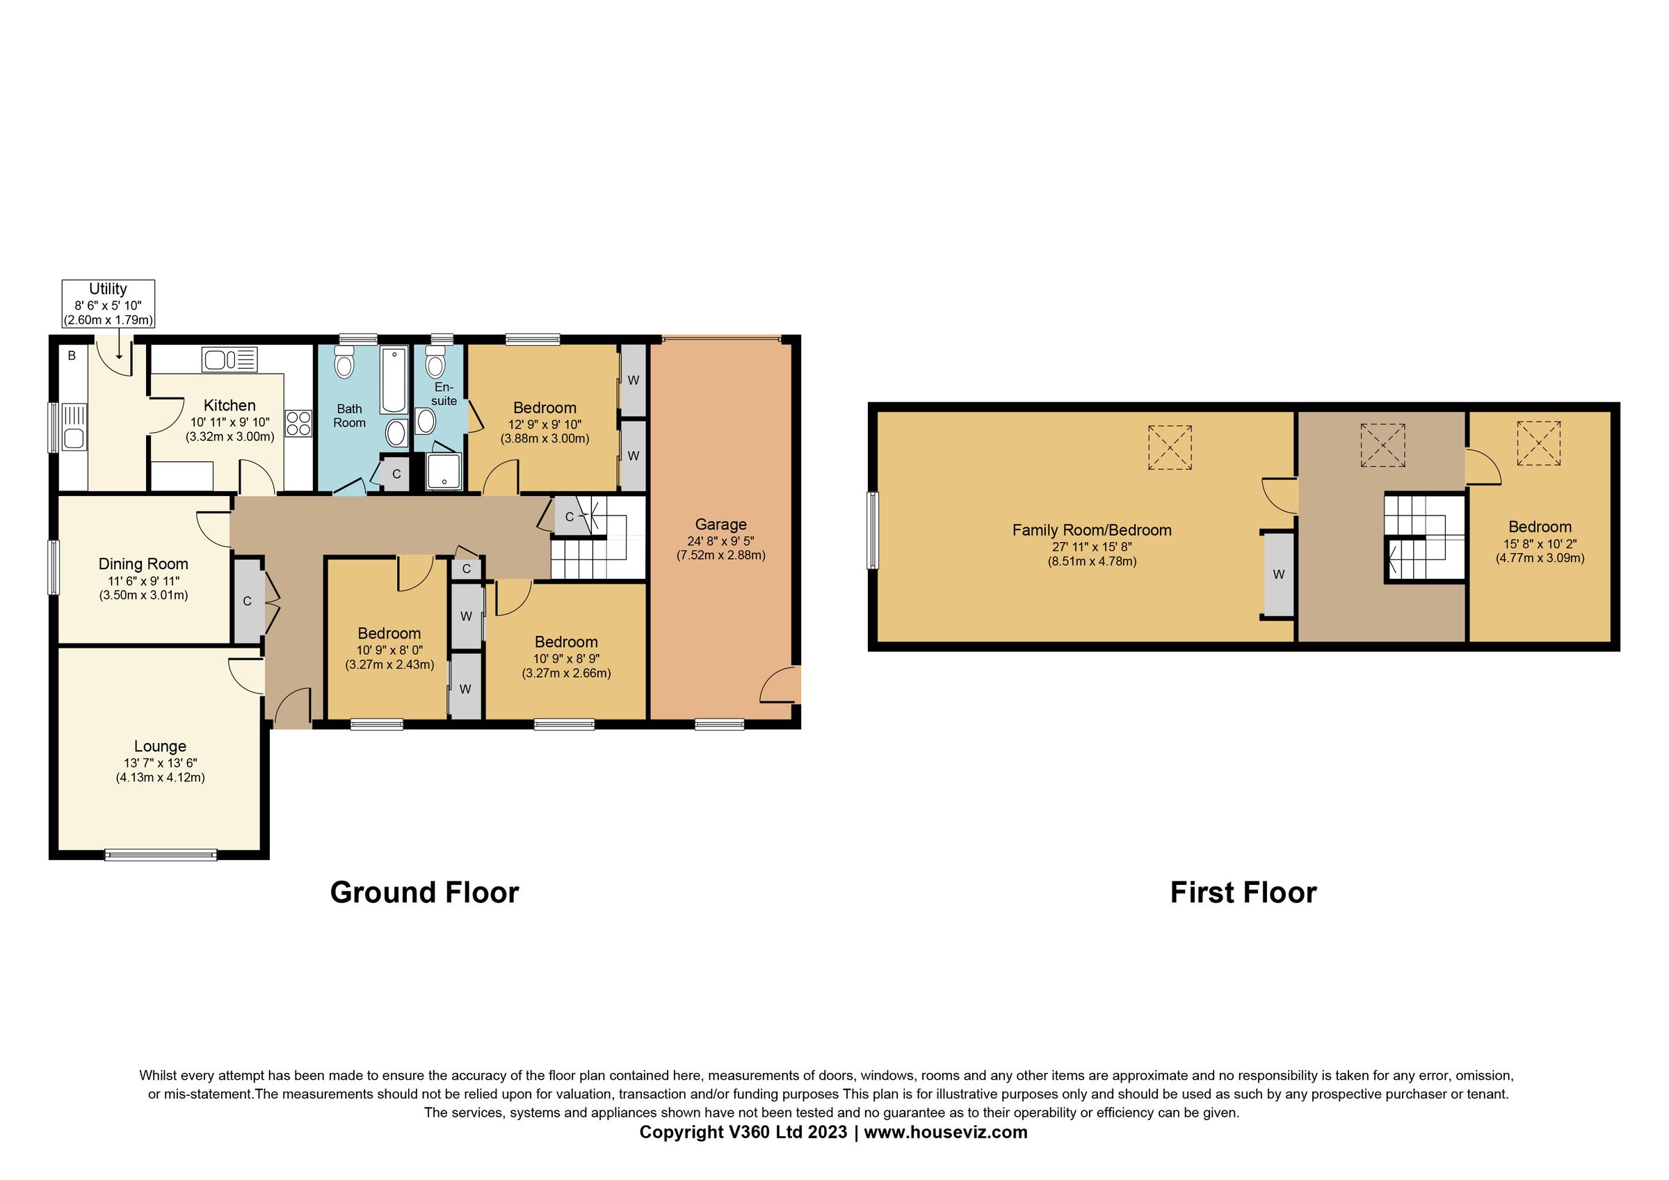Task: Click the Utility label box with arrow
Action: click(x=108, y=304)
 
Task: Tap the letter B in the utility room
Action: click(x=72, y=356)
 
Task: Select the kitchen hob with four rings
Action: click(x=299, y=423)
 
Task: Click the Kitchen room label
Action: click(x=229, y=406)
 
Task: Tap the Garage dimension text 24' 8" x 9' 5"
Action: click(x=720, y=541)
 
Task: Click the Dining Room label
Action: click(x=143, y=564)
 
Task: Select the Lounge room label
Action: click(x=160, y=747)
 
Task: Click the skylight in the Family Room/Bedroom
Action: click(x=1170, y=447)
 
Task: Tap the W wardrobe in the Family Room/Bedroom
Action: click(x=1279, y=575)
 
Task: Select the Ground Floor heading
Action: click(x=424, y=893)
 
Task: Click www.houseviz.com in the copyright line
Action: click(x=945, y=1132)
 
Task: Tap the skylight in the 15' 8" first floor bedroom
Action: click(x=1538, y=443)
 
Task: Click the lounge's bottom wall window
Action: click(x=161, y=855)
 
